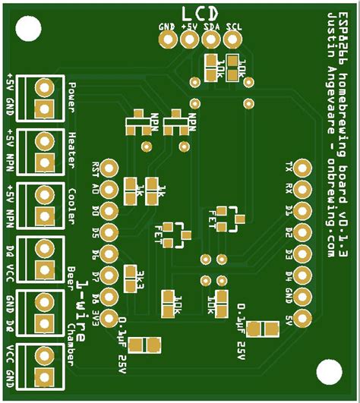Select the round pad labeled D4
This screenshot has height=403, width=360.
click(302, 274)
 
